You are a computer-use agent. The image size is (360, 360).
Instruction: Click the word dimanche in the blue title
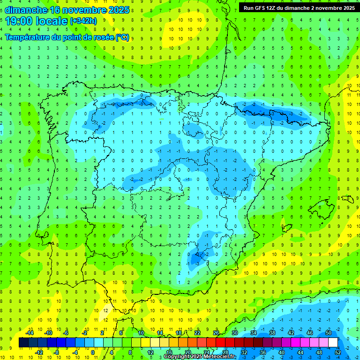26,10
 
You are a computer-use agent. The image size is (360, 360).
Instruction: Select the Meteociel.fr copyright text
199,357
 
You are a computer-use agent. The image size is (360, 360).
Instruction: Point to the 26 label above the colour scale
216,333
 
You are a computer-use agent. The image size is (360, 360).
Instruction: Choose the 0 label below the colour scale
92,352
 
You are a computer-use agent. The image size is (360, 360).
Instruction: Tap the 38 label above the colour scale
272,333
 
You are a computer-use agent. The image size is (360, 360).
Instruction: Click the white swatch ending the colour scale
333,342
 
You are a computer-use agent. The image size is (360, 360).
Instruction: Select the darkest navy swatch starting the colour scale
23,342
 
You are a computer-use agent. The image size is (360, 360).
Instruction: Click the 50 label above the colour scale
329,333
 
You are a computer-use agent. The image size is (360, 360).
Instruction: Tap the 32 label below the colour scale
244,352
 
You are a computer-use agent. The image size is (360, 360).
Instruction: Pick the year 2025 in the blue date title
119,10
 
